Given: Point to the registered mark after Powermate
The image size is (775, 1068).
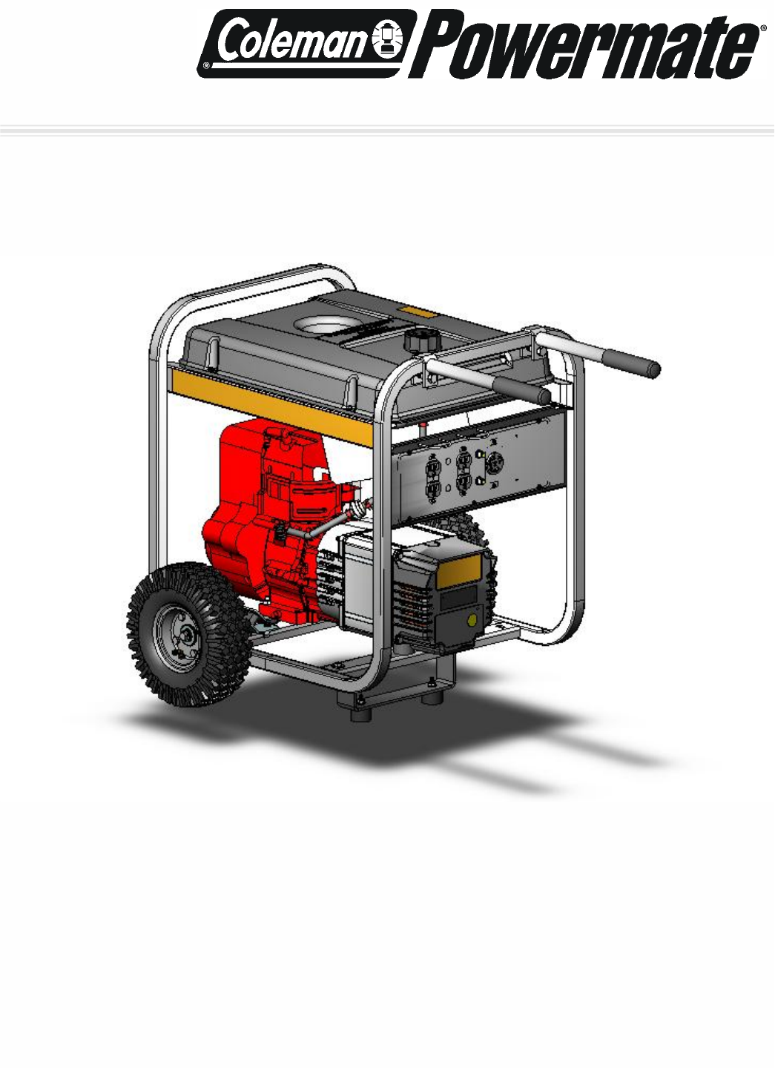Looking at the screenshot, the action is point(764,29).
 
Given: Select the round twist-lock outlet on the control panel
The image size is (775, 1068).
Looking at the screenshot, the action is point(494,461).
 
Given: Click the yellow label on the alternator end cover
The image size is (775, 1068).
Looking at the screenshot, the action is point(458,571).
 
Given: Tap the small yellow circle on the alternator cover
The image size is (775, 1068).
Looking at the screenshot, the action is point(472,619).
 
